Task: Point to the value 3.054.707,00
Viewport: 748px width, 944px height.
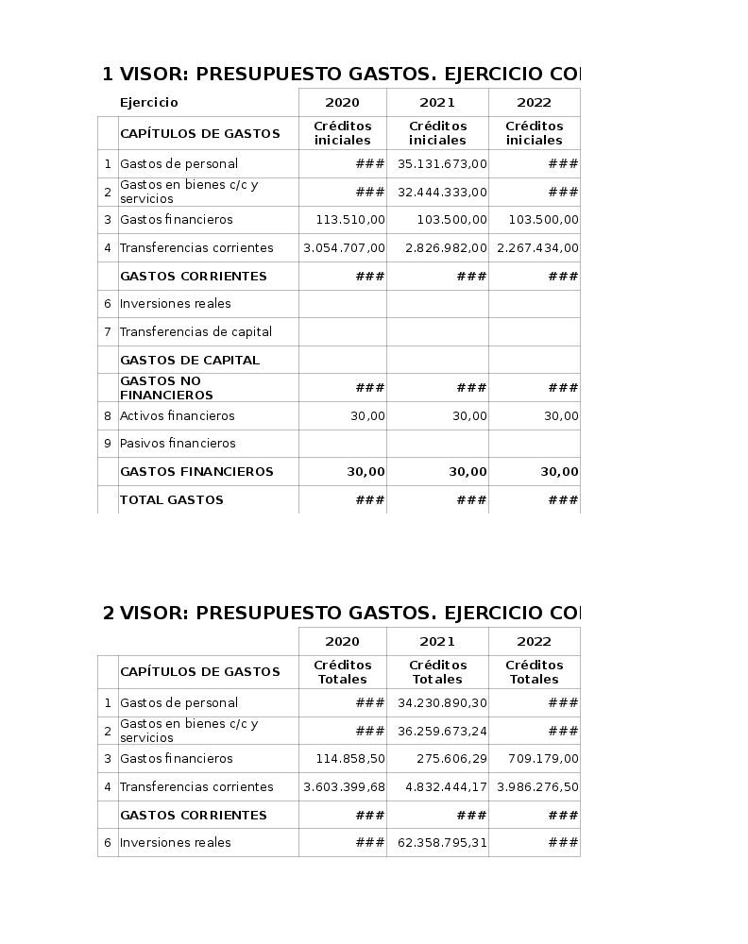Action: tap(344, 248)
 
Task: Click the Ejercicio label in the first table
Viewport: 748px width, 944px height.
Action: tap(148, 103)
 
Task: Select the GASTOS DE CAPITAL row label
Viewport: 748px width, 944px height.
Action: tap(189, 360)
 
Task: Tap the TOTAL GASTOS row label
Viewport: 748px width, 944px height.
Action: tap(171, 499)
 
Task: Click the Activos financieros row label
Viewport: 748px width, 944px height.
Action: tap(177, 415)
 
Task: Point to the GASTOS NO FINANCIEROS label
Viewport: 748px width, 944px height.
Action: tap(166, 388)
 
